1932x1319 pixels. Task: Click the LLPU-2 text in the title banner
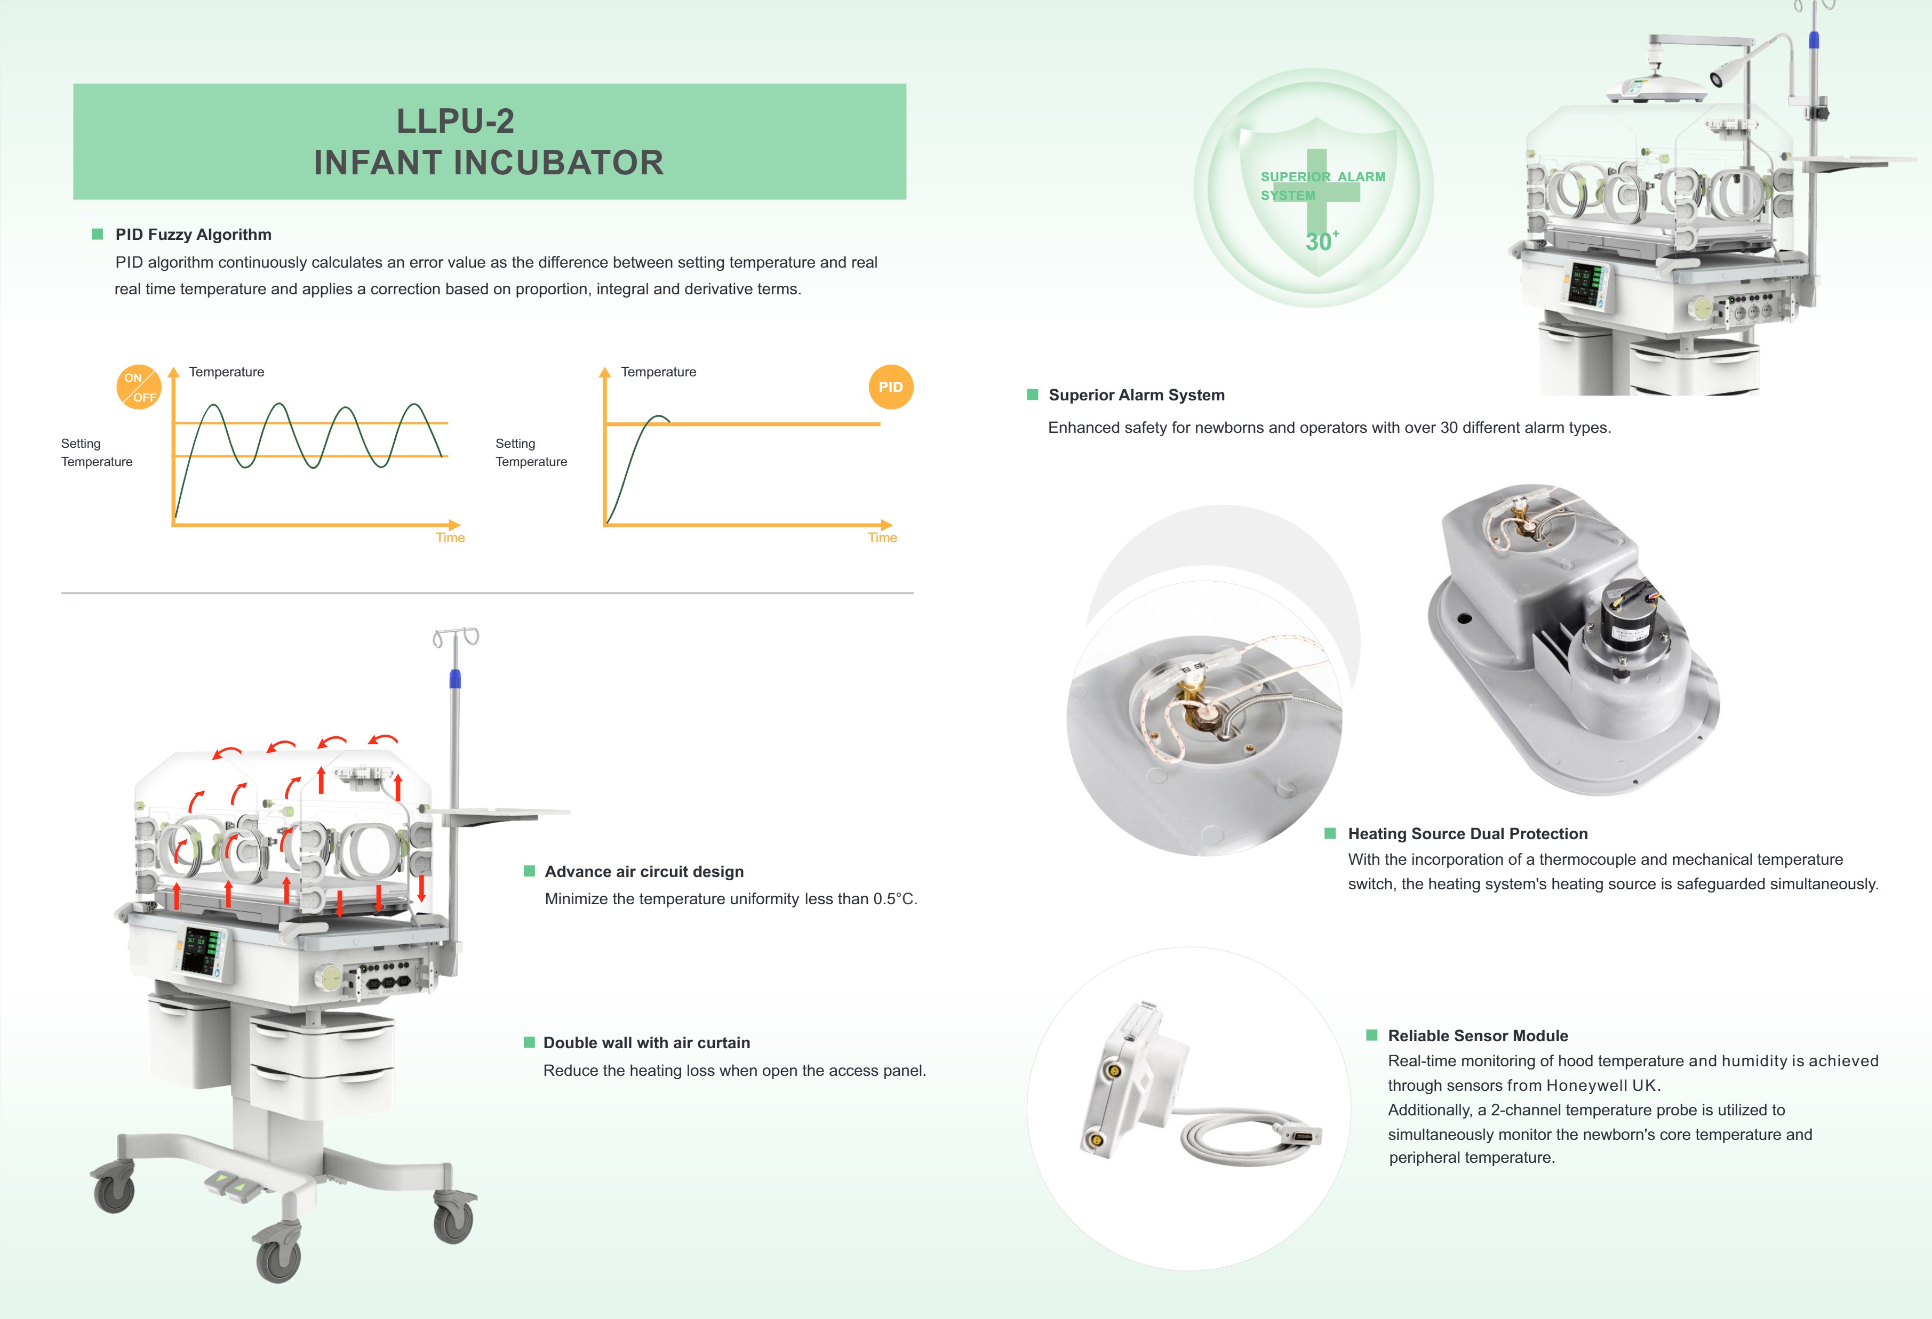456,122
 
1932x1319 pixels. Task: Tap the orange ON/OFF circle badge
139,387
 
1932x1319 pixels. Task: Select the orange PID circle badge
890,387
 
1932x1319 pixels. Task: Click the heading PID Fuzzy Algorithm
193,235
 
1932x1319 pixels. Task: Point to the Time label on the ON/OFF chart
450,538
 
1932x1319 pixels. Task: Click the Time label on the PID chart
882,538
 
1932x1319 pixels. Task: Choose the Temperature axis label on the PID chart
658,372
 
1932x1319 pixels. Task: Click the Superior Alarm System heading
1136,395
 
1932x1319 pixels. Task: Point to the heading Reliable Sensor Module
1477,1035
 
